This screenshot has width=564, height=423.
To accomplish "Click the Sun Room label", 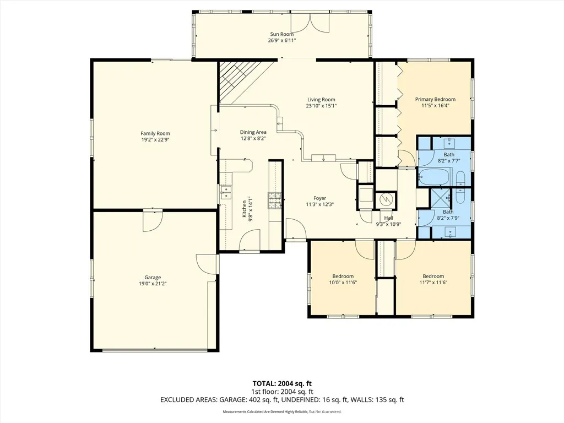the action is click(x=282, y=34).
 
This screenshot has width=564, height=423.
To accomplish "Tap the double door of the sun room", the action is click(x=310, y=22).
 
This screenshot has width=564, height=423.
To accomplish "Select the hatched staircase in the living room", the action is click(x=241, y=83).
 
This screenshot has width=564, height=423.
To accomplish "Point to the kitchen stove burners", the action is click(x=276, y=200).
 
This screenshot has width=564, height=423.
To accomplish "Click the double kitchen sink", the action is click(x=226, y=192).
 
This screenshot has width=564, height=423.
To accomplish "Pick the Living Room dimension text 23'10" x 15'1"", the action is click(x=321, y=106).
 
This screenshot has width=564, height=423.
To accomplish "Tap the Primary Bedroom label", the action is click(x=435, y=99).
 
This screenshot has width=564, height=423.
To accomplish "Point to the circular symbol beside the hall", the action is click(x=386, y=198).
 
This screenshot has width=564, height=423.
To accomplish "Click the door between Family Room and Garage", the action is click(x=153, y=220).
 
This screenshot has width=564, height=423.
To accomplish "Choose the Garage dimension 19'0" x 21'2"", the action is click(x=153, y=284).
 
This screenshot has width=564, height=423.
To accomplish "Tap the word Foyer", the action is click(x=320, y=198).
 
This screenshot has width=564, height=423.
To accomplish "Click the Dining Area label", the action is click(x=253, y=132).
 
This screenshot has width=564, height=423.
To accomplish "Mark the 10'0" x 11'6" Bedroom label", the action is click(x=343, y=276).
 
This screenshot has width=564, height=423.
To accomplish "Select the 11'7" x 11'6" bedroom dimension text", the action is click(x=433, y=283).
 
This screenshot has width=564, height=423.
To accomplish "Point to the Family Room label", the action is click(x=155, y=133).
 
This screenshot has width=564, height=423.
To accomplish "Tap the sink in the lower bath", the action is click(x=450, y=232).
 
